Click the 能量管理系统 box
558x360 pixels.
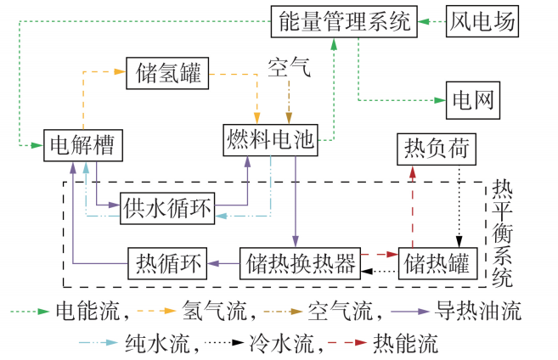tap(344, 20)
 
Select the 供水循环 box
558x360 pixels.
tap(167, 206)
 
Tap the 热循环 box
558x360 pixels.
tap(167, 263)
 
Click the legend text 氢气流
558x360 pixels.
tap(217, 312)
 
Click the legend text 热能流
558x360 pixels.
tap(411, 344)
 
